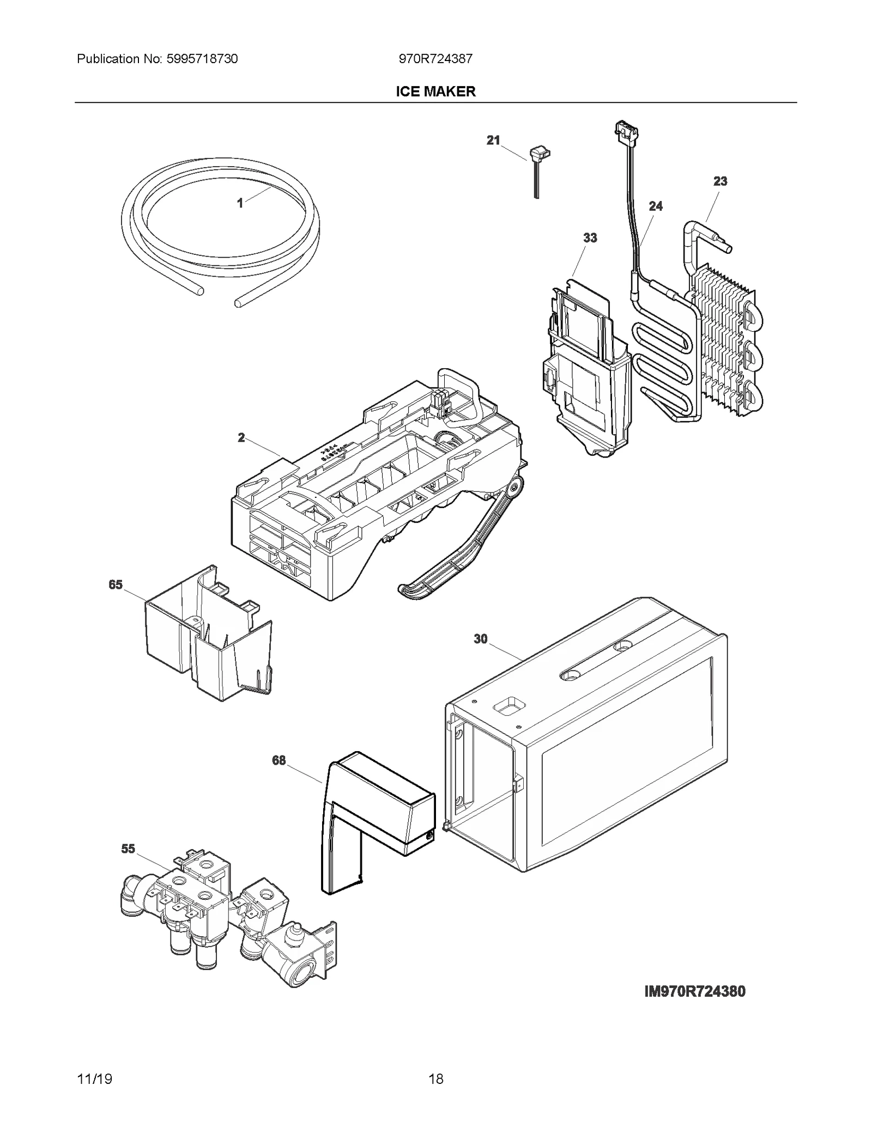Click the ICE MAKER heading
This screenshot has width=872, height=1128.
435,92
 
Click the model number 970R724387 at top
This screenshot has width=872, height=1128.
435,59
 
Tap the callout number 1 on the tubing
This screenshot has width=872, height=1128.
240,203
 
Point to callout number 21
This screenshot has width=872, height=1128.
493,141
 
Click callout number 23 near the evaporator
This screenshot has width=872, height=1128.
720,181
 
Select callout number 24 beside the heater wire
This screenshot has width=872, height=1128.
656,206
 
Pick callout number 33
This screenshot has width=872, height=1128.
590,237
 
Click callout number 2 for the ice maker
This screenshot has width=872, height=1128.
241,437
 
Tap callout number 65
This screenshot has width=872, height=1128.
116,584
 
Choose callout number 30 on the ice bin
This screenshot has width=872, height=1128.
480,639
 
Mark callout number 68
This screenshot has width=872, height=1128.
278,760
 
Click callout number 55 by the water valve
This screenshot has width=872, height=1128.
128,849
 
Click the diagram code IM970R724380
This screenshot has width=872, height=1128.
694,991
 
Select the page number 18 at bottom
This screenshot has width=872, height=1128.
435,1078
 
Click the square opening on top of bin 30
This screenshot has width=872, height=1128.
508,706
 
